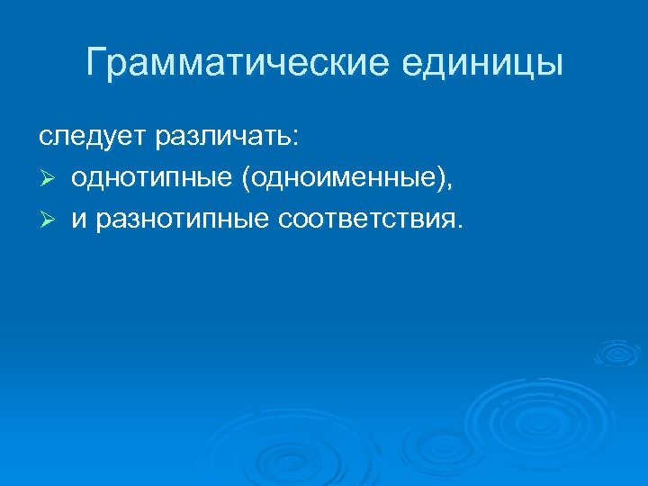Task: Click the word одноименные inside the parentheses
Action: (x=341, y=179)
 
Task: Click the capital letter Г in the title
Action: (x=96, y=62)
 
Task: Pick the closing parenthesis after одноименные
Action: (x=440, y=180)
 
